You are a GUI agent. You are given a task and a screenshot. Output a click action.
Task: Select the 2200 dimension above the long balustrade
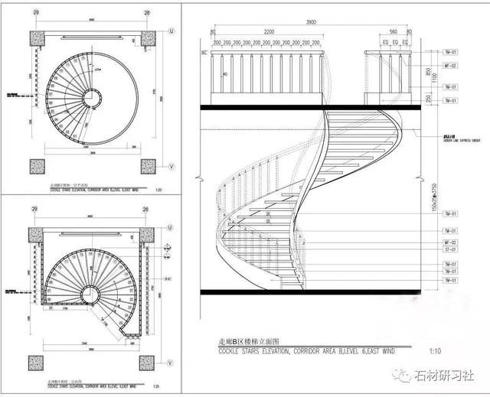[266, 32]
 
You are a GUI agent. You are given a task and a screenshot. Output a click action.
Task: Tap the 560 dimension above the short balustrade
[393, 32]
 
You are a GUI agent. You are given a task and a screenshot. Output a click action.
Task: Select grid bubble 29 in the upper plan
[36, 13]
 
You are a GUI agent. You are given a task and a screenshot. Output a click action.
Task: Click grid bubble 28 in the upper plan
[146, 13]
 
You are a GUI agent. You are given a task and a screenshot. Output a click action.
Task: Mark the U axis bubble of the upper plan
[171, 31]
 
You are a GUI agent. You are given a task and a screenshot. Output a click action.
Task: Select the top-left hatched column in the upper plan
[38, 39]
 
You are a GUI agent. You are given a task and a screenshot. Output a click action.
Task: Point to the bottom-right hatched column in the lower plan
[145, 362]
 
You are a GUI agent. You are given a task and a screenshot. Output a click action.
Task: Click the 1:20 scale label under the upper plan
[157, 191]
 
